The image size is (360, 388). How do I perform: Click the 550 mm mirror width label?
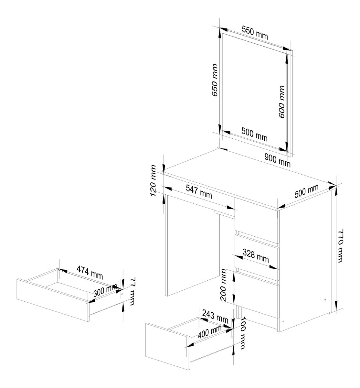click(x=255, y=33)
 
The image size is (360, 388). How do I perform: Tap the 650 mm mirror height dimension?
click(x=214, y=80)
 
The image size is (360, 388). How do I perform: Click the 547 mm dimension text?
click(x=199, y=192)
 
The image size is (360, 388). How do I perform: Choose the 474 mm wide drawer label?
click(x=90, y=272)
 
